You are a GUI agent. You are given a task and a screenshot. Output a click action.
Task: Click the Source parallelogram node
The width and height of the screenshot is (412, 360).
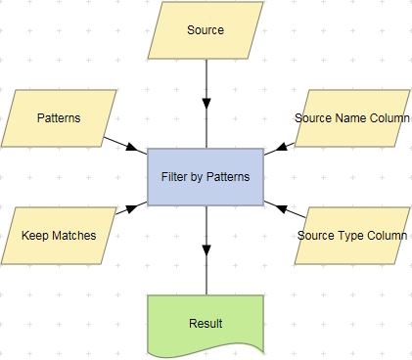pos(206,30)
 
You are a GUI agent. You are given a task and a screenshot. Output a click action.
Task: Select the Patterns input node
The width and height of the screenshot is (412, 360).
pos(59,118)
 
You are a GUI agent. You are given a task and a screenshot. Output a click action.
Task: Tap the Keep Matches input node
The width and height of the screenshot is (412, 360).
pos(59,236)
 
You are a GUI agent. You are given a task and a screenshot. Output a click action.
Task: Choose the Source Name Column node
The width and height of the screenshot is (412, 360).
pos(352,118)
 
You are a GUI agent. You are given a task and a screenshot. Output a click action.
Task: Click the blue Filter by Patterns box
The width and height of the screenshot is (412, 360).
pos(206,177)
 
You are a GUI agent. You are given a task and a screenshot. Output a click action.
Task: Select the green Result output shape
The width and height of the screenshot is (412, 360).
pos(206,323)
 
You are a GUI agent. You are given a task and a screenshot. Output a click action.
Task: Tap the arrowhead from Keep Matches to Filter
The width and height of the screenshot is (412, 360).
pos(123,210)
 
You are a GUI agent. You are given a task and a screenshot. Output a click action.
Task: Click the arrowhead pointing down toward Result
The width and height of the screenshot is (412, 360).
pos(206,248)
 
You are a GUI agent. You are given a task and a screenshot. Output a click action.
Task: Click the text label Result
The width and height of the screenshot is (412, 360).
pos(206,323)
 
